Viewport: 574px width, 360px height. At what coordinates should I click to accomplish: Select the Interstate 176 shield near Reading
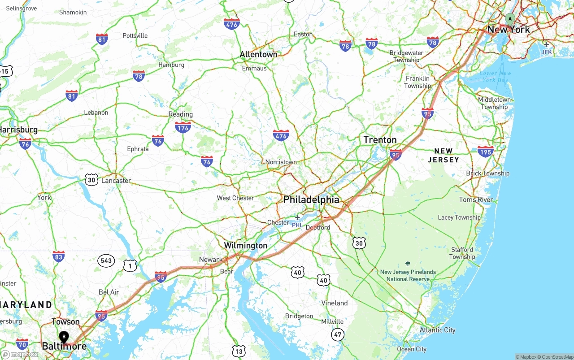(183, 127)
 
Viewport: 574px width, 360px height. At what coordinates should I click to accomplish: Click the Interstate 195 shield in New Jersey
(485, 151)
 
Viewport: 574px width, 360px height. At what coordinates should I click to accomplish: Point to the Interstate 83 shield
(58, 256)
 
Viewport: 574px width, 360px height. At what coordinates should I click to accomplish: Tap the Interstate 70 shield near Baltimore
(22, 344)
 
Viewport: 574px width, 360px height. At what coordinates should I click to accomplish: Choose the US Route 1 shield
(130, 265)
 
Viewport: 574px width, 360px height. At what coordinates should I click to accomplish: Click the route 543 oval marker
(106, 260)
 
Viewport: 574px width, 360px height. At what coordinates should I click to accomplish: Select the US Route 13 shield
(239, 351)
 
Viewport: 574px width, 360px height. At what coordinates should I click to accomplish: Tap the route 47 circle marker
(338, 334)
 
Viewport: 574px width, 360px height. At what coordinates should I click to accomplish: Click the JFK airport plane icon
(546, 44)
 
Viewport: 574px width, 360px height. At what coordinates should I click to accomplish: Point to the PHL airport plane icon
(297, 218)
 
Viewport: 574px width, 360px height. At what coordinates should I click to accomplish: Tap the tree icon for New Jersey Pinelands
(408, 264)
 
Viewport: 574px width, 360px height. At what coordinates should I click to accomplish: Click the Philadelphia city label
(311, 200)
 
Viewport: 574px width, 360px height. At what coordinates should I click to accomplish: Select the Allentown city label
(258, 54)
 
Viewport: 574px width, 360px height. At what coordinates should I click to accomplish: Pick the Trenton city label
(380, 140)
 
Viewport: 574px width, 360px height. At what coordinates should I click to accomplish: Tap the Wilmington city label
(245, 246)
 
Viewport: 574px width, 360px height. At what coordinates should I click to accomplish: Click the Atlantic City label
(437, 330)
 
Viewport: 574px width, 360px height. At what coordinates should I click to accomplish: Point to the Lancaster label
(116, 181)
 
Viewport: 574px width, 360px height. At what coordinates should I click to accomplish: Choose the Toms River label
(476, 200)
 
